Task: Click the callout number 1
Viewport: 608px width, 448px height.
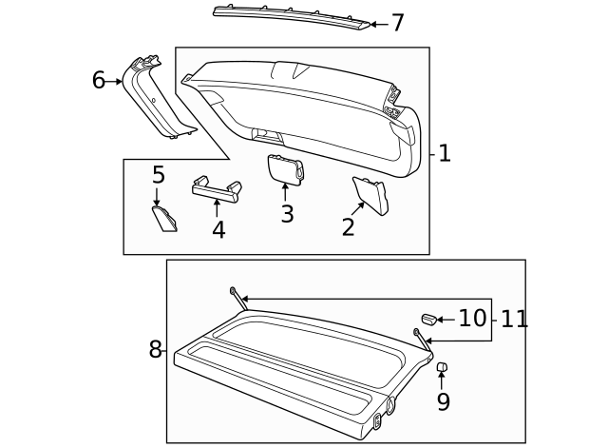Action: coord(444,154)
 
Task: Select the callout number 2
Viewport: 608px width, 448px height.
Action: coord(348,226)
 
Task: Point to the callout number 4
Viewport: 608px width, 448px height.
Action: coord(218,229)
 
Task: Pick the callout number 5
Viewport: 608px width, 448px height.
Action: coord(159,175)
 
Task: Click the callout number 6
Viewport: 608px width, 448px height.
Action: coord(98,80)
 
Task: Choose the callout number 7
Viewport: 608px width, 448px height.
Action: coord(397,23)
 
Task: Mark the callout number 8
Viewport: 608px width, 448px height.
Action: coord(156,349)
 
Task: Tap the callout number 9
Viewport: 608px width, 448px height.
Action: coord(443,401)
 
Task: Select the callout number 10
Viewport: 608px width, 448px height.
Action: coord(471,318)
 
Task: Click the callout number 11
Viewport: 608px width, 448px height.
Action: coord(514,319)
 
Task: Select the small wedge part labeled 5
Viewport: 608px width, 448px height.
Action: coord(165,218)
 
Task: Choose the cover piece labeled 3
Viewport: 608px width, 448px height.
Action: coord(283,167)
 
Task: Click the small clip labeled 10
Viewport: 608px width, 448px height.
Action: coord(427,318)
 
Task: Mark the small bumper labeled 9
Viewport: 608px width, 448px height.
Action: coord(442,367)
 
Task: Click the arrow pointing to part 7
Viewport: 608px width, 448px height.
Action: coord(376,24)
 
